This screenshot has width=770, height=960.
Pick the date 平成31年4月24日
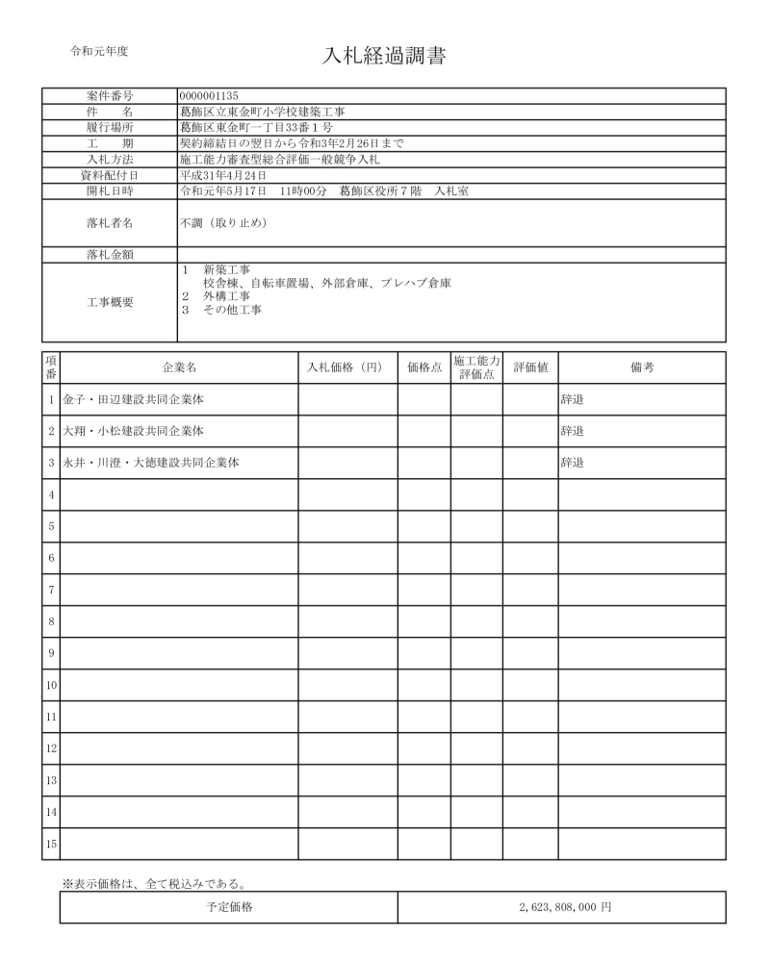click(x=223, y=175)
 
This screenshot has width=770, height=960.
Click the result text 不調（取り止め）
click(x=223, y=223)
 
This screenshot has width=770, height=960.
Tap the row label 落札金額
click(x=110, y=254)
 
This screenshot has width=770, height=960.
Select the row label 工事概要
click(x=110, y=302)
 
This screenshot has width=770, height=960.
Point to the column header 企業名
click(x=179, y=367)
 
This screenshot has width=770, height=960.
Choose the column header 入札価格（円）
click(x=346, y=367)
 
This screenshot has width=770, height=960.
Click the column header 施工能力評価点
click(x=475, y=367)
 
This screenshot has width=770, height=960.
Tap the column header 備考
click(x=642, y=367)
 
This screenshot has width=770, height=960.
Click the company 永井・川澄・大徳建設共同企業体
click(x=151, y=463)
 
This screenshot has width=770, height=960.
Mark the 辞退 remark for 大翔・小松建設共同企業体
click(x=573, y=431)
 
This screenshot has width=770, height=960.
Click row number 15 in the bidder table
click(x=51, y=844)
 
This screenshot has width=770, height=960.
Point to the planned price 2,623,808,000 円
click(x=562, y=907)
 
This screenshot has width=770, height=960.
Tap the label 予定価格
click(x=229, y=907)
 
